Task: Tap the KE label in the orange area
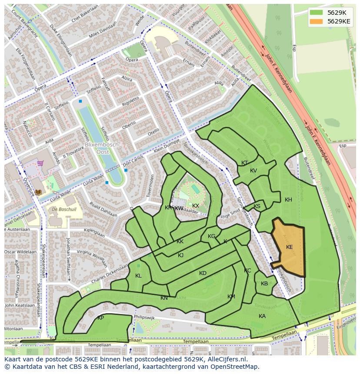289,247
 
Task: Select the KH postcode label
288,200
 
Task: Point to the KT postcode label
244,163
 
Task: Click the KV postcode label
253,171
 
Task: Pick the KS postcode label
257,206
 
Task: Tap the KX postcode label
196,206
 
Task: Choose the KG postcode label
212,236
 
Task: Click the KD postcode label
203,273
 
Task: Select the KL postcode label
138,276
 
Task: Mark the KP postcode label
100,318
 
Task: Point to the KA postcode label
262,316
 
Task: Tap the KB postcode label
264,284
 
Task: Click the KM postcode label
231,297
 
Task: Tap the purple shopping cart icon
40,163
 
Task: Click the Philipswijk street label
144,318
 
